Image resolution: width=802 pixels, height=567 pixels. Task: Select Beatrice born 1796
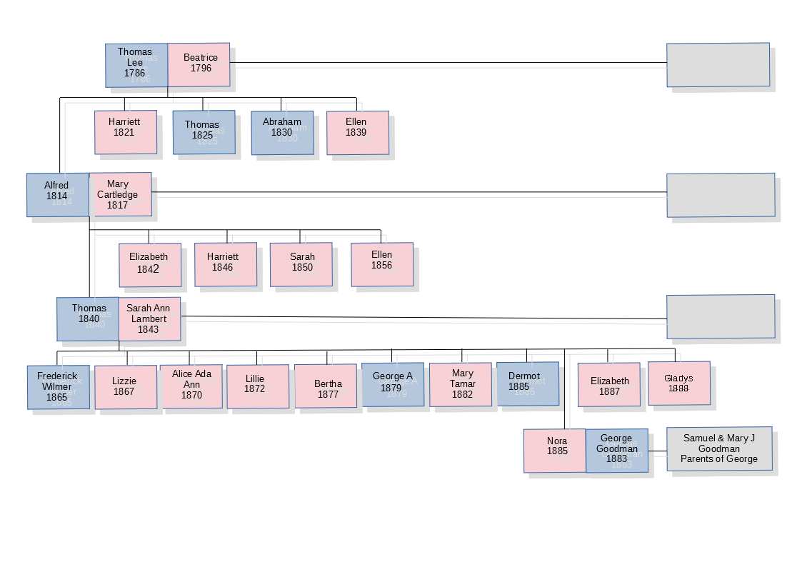(x=199, y=66)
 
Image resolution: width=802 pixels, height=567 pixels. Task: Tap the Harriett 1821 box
(x=125, y=131)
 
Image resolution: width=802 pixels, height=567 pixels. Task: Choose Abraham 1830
(x=282, y=132)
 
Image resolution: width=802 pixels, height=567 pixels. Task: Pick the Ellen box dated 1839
(x=357, y=132)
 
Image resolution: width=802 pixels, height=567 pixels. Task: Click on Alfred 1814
(x=58, y=194)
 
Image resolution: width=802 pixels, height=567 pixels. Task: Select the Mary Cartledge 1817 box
(x=120, y=194)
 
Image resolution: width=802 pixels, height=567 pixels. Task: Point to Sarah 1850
(x=301, y=264)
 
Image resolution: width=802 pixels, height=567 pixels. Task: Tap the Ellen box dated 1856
(x=382, y=264)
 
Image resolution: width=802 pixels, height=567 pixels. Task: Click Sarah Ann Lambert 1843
(x=149, y=318)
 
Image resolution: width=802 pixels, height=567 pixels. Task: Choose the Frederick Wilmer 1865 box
(x=59, y=386)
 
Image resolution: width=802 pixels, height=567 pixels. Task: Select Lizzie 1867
(x=125, y=386)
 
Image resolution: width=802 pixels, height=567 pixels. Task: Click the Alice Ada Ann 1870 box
(x=192, y=386)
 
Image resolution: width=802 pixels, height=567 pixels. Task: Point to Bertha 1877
(x=326, y=386)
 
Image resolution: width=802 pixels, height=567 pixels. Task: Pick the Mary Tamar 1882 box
(x=461, y=384)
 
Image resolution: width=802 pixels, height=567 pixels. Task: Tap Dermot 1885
(x=528, y=383)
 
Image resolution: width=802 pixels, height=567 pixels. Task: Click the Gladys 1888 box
(x=679, y=383)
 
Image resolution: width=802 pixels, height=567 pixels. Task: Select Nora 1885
(x=555, y=450)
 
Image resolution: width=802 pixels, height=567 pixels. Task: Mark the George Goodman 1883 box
(x=617, y=450)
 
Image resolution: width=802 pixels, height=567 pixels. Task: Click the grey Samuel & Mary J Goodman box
(x=720, y=449)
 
